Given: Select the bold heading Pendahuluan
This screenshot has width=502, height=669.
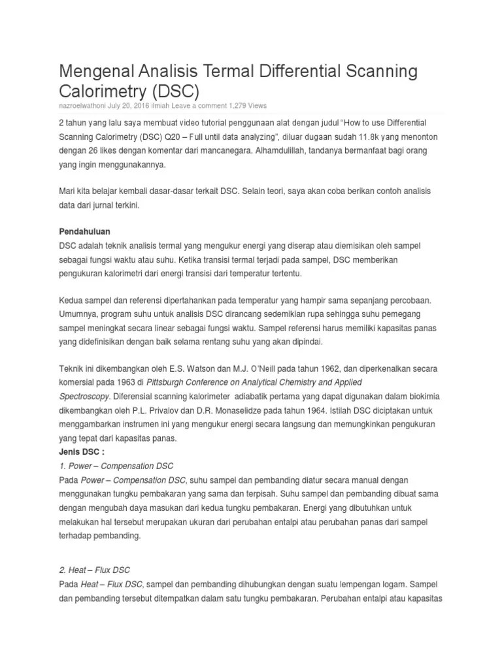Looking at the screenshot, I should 84,232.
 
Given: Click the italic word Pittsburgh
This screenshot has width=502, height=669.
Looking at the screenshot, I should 167,382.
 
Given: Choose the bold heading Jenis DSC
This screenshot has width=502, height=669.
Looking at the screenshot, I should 82,451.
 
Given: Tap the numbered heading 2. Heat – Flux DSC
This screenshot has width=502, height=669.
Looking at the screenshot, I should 99,570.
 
